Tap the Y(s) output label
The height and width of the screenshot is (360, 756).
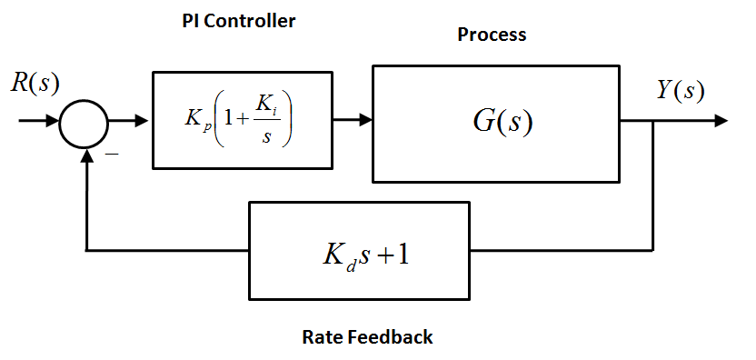[681, 90]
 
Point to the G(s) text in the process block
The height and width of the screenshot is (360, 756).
[502, 122]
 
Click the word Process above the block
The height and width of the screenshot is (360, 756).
[492, 35]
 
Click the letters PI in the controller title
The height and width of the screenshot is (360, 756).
[190, 21]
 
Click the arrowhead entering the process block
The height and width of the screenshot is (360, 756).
[364, 120]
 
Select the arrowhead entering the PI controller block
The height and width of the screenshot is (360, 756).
[144, 120]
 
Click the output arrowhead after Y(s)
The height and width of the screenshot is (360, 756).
[719, 120]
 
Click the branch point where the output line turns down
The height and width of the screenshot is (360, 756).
[652, 120]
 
